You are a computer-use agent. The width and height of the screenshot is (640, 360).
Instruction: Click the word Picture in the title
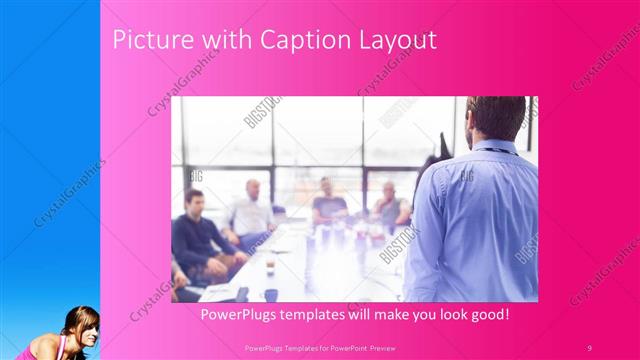coord(145,41)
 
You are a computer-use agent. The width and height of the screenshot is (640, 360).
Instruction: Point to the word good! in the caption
coord(486,314)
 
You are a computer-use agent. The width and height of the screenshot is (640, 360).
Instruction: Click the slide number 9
coord(589,347)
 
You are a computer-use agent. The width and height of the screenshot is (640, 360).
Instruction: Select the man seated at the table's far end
coord(327,200)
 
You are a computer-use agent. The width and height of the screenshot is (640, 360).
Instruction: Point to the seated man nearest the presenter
coord(389,205)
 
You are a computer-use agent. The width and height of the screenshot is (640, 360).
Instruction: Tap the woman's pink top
coord(40,349)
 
